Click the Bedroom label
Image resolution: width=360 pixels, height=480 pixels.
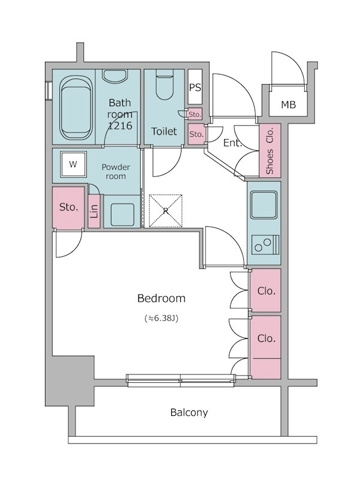[160, 298]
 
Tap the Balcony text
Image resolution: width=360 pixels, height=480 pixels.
[188, 412]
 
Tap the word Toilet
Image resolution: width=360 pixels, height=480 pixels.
[165, 132]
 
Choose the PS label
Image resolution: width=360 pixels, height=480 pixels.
[196, 87]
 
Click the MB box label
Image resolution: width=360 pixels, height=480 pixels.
[288, 105]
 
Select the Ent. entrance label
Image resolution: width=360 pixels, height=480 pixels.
[232, 144]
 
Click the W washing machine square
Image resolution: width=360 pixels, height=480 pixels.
[73, 164]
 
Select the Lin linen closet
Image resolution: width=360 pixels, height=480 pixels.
[94, 211]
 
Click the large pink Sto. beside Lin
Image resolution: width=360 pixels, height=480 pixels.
[68, 208]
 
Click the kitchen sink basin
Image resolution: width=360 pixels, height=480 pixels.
[266, 203]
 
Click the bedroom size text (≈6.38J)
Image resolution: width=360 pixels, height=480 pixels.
[159, 318]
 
